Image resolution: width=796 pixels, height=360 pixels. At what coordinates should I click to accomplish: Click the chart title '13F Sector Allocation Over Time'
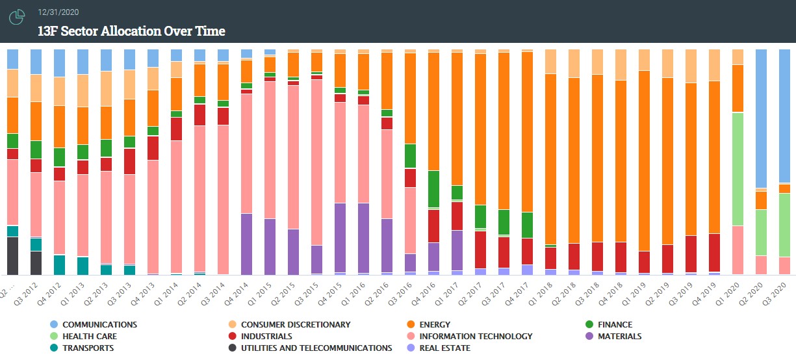pyautogui.click(x=132, y=31)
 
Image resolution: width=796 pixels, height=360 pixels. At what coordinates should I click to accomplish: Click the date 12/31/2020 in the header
pyautogui.click(x=59, y=12)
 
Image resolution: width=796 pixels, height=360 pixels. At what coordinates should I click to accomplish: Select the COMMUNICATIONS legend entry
pyautogui.click(x=99, y=324)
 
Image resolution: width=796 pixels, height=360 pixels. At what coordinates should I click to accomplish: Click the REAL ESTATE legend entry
pyautogui.click(x=445, y=348)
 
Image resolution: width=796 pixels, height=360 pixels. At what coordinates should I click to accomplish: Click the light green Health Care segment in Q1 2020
pyautogui.click(x=738, y=169)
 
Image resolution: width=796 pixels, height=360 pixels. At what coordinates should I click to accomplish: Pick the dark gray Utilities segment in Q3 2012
pyautogui.click(x=36, y=263)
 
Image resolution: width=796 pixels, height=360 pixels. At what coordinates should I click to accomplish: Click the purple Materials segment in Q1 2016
pyautogui.click(x=363, y=238)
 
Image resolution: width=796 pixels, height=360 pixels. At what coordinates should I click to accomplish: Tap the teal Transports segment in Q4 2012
pyautogui.click(x=59, y=264)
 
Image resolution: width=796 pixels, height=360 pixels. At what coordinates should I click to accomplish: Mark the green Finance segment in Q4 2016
pyautogui.click(x=433, y=188)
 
